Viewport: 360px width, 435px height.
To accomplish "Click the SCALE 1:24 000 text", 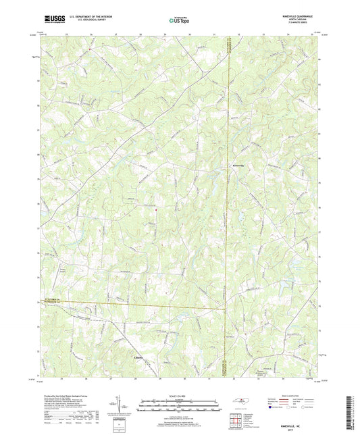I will point(179,395).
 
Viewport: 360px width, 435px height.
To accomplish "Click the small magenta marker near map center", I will point(155,209).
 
